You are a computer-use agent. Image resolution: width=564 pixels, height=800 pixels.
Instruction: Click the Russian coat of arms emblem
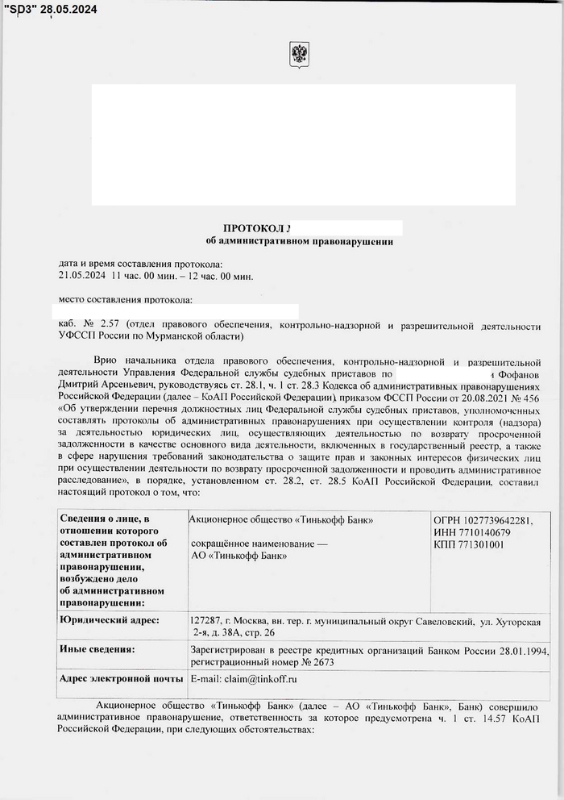(x=299, y=55)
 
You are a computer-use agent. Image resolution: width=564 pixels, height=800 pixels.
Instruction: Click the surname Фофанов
(x=517, y=374)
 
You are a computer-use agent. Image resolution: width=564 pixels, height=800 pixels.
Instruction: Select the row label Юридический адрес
(x=110, y=620)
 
